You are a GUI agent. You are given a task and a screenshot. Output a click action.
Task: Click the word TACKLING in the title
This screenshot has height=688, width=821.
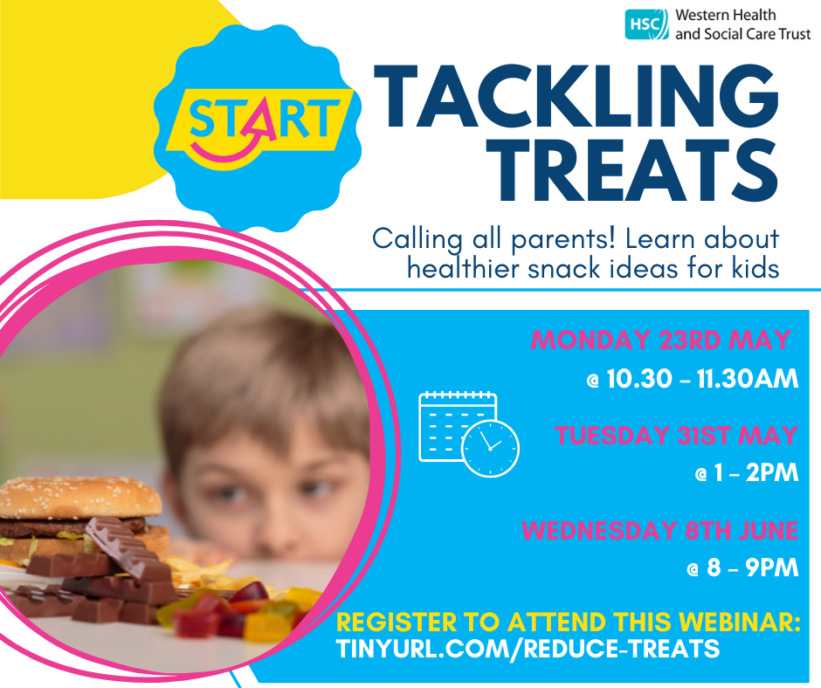576,96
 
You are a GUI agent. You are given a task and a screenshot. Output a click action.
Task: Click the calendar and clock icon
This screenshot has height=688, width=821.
469,434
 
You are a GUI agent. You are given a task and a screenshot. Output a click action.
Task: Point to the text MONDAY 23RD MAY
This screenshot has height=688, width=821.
661,341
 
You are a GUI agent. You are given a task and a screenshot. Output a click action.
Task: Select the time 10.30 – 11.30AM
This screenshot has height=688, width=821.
693,379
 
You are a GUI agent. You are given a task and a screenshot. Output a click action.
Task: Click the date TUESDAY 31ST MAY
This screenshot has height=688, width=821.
676,436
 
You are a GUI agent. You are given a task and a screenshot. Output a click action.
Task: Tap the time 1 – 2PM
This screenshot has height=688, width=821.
747,473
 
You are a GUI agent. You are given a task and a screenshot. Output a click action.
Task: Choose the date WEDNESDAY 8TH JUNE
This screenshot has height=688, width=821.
659,530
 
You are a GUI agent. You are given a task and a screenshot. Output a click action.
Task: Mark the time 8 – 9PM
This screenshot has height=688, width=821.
743,568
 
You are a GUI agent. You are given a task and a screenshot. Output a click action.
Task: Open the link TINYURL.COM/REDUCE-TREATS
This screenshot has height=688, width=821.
528,649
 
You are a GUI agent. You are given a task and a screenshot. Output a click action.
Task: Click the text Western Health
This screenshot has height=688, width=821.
725,15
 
